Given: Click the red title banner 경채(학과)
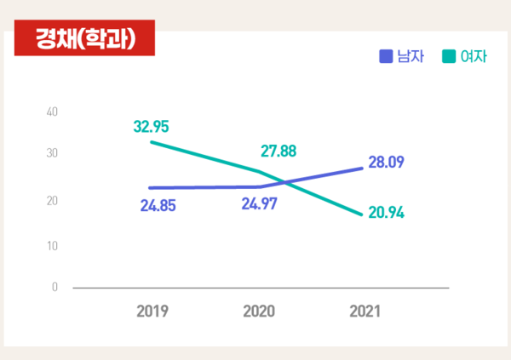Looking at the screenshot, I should [x=83, y=38].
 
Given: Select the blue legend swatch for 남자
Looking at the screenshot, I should [x=385, y=57].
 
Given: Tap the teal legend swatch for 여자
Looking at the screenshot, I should [x=449, y=57].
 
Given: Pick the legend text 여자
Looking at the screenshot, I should [x=473, y=57].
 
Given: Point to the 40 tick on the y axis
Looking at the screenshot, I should [x=52, y=111].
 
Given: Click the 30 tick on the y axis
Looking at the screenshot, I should [x=52, y=153].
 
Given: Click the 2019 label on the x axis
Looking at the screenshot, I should [x=152, y=311].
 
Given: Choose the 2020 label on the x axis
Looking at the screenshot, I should [x=259, y=311].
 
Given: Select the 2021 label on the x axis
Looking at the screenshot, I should [x=365, y=311].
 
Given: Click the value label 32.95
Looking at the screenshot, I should [x=152, y=126].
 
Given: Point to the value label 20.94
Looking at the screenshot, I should [x=386, y=212].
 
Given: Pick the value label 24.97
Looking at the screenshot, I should [x=259, y=204].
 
